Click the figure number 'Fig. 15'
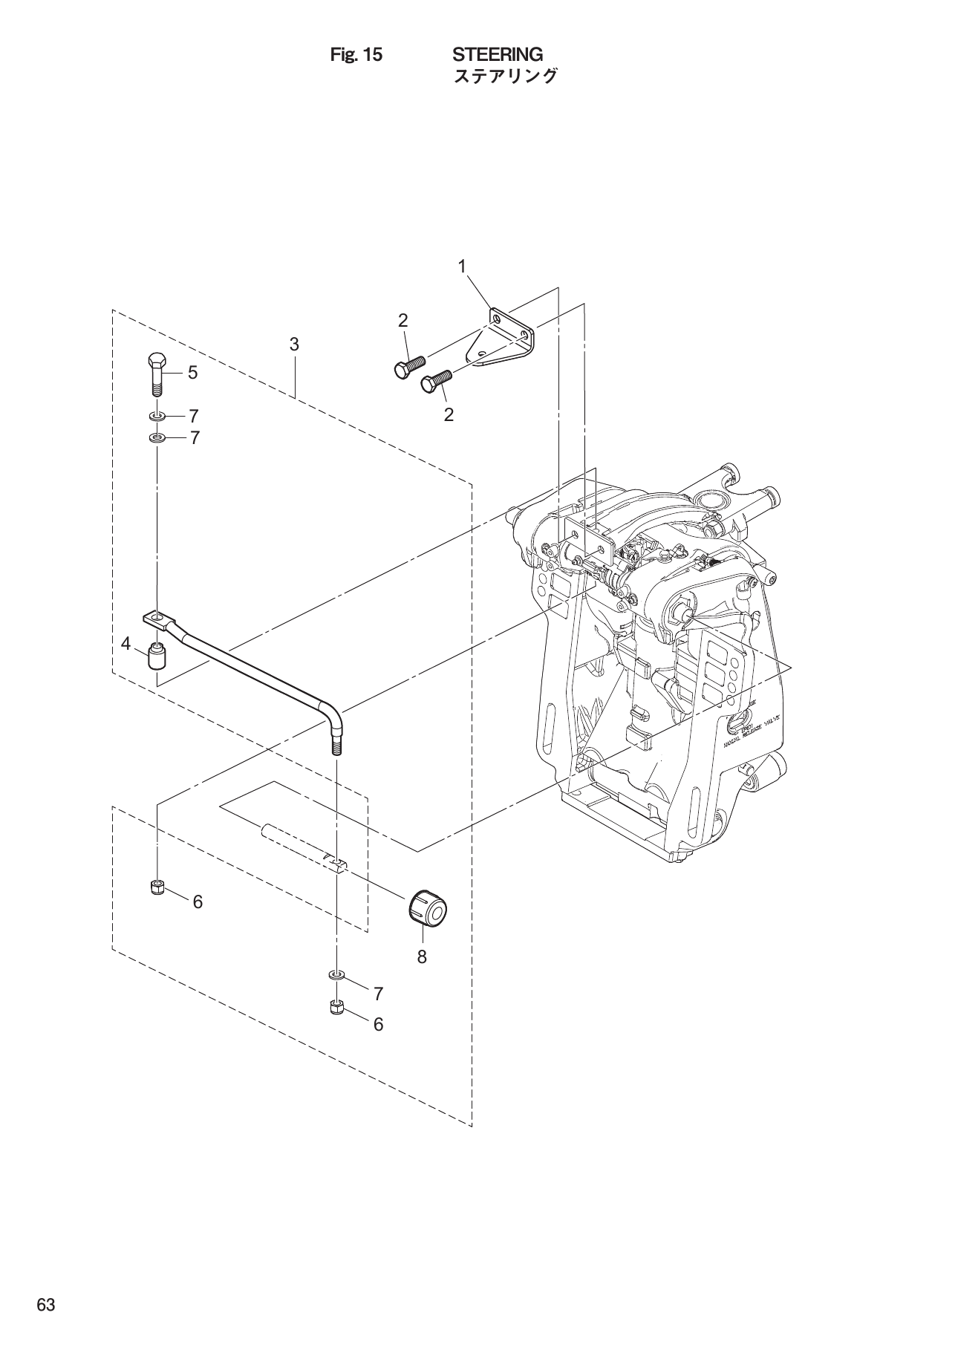pyautogui.click(x=356, y=55)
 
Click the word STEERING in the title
pyautogui.click(x=498, y=55)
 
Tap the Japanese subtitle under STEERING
pyautogui.click(x=504, y=76)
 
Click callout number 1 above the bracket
pyautogui.click(x=462, y=266)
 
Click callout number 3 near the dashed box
pyautogui.click(x=294, y=344)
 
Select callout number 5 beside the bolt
pyautogui.click(x=192, y=373)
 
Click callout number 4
pyautogui.click(x=126, y=643)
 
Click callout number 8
pyautogui.click(x=422, y=957)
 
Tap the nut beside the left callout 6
pyautogui.click(x=157, y=887)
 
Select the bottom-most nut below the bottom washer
pyautogui.click(x=336, y=1008)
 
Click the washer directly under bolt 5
pyautogui.click(x=157, y=415)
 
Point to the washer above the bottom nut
pyautogui.click(x=336, y=974)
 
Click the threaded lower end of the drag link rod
pyautogui.click(x=336, y=743)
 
